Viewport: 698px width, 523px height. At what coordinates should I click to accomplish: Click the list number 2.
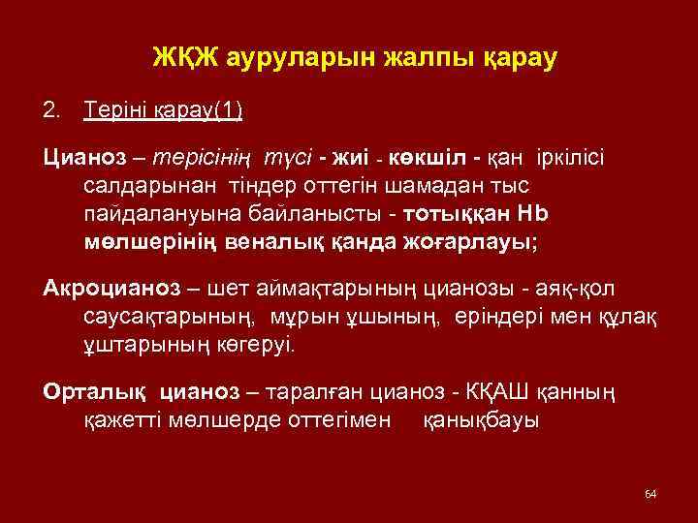[x=52, y=109]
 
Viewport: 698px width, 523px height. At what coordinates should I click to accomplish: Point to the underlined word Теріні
[x=115, y=109]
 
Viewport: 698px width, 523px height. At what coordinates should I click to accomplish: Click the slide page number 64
[x=650, y=495]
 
